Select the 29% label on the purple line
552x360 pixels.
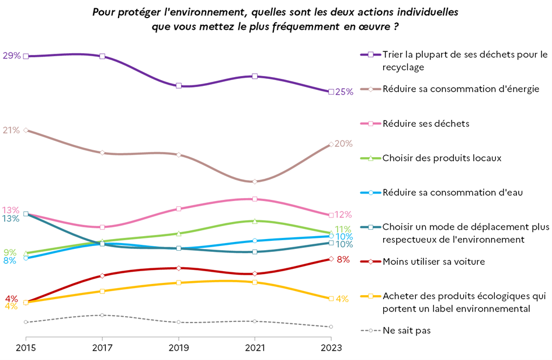12,56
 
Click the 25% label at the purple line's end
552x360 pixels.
345,92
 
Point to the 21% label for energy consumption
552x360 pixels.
12,130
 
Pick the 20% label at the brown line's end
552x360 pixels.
344,144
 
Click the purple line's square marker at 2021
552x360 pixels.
255,77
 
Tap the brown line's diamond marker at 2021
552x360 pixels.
255,182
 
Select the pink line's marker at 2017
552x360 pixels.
102,227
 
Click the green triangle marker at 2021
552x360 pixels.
255,221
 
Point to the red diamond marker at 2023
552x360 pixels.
331,259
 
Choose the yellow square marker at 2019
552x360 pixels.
178,283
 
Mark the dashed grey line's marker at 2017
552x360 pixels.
102,315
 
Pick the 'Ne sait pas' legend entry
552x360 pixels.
407,330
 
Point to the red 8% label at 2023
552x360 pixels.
343,259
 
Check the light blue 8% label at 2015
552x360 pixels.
10,261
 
